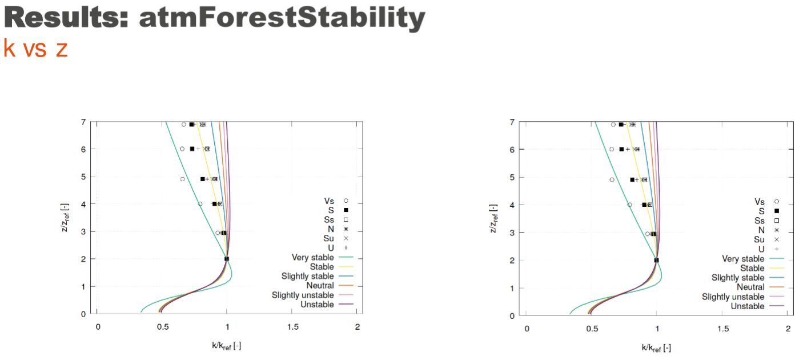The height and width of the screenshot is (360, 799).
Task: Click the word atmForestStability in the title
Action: (282, 18)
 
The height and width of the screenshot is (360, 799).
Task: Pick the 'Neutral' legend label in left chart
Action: (320, 286)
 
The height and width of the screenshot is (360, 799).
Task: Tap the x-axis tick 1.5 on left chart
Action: (293, 327)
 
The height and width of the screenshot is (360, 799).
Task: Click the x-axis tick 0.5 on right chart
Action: (592, 329)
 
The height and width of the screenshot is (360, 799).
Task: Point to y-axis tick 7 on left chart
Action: (83, 122)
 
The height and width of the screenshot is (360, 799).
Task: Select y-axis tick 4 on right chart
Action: (512, 205)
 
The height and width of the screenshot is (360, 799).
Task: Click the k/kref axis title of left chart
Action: (227, 345)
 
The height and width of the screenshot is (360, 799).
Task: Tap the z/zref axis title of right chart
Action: (493, 218)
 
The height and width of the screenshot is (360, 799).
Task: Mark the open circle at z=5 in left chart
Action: (182, 179)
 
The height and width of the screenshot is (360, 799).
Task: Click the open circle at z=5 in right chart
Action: (612, 180)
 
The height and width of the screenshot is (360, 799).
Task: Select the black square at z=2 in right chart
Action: (656, 260)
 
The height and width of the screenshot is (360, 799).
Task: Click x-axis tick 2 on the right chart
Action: (788, 329)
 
